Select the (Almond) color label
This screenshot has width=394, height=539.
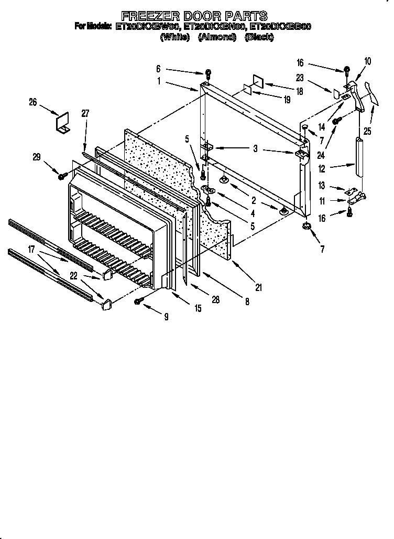(217, 37)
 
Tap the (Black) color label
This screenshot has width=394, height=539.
(259, 37)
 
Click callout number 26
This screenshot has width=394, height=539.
(33, 102)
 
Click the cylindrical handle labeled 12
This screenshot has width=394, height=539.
(358, 158)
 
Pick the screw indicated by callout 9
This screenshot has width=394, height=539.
(139, 300)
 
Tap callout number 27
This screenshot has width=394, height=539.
(86, 113)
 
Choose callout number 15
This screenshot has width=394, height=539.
(198, 309)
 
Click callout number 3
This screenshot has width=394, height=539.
(255, 149)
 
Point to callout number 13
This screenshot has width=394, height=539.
(322, 186)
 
